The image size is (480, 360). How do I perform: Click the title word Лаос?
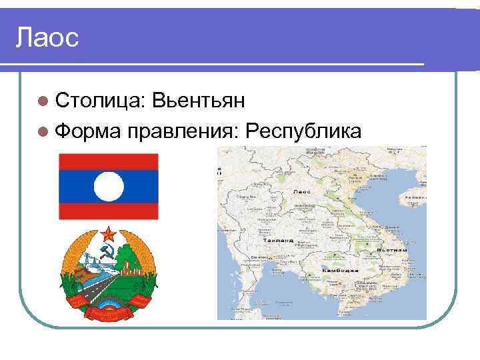(47, 37)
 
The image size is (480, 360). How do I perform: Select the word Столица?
(97, 101)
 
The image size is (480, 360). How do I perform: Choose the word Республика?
(303, 131)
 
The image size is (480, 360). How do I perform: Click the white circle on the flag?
(109, 186)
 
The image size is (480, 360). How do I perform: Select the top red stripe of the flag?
(109, 161)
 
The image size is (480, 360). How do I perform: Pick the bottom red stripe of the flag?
(109, 211)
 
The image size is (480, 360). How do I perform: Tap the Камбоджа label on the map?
(339, 271)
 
